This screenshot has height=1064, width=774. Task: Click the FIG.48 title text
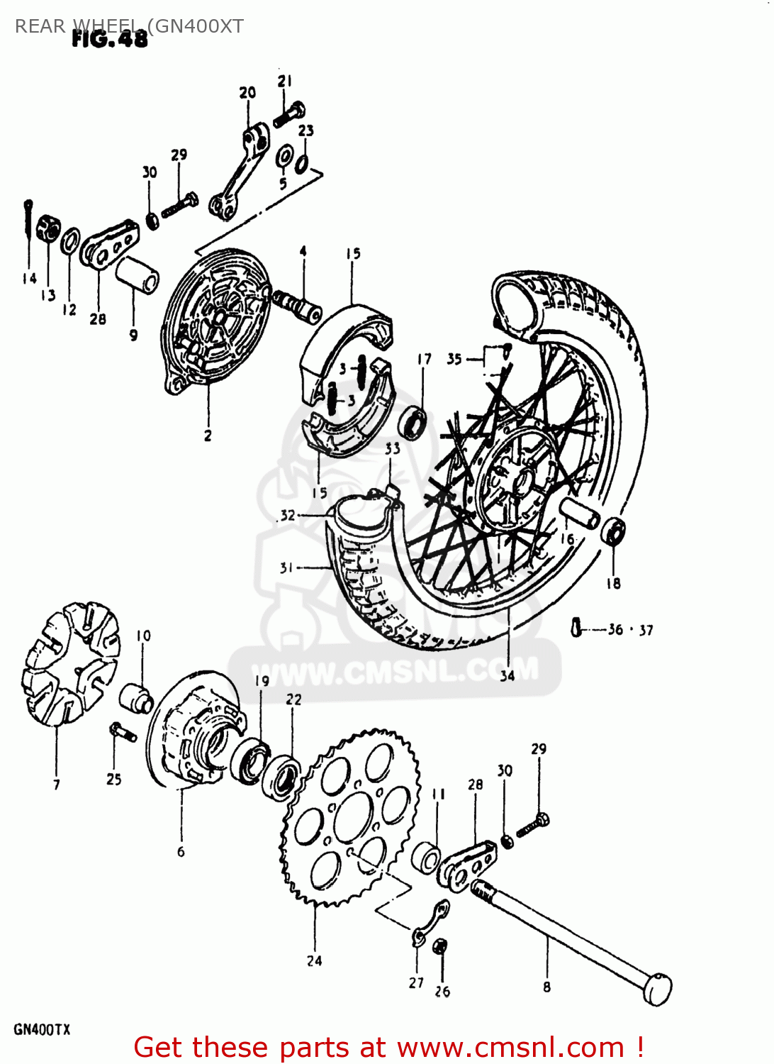click(110, 39)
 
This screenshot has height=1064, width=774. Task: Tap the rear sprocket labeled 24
click(347, 816)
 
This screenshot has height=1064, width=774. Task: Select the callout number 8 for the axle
click(546, 987)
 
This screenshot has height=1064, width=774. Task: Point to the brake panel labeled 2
click(213, 319)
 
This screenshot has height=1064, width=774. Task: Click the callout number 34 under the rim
click(507, 675)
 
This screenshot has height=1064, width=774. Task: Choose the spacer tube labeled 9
click(137, 275)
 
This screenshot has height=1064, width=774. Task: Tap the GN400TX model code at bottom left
click(42, 1029)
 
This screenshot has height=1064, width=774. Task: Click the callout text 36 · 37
click(630, 630)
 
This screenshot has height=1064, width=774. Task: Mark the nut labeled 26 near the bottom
click(439, 946)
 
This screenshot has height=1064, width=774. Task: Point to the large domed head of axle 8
click(657, 988)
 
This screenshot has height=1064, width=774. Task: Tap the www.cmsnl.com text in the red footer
click(510, 1048)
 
